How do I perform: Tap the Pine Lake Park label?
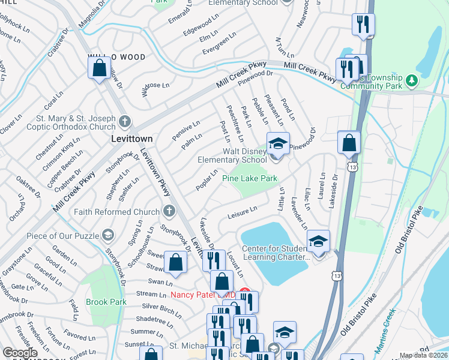coord(250,178)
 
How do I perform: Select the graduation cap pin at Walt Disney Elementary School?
coord(278,143)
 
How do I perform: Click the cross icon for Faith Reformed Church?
coord(169,211)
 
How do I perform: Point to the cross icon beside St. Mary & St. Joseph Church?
coord(125,122)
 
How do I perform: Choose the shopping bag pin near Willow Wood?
coord(100,67)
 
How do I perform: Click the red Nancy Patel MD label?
coord(203,295)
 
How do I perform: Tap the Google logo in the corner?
coord(20,353)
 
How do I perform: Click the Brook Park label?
coord(106,302)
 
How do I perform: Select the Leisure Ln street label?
coord(243,212)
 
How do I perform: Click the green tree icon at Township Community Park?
coord(411,80)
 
